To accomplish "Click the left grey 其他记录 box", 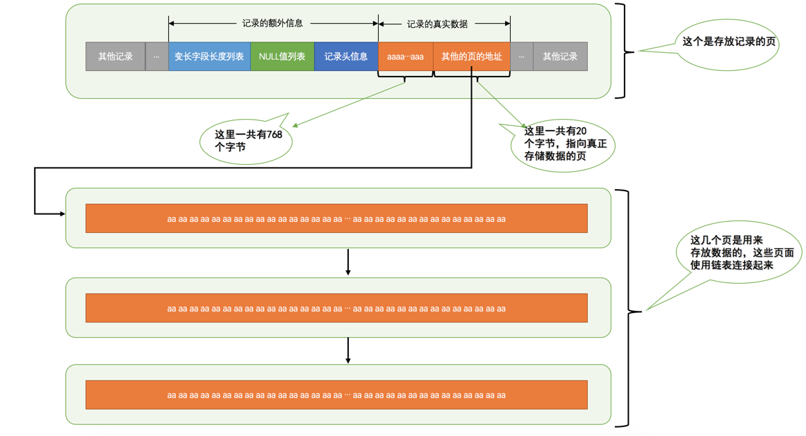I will coord(115,56).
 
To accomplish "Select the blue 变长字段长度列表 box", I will coord(209,56).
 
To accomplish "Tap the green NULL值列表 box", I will coord(282,56).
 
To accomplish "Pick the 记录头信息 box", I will coord(346,56).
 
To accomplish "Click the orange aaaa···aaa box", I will coord(405,56).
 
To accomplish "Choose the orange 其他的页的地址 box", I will coord(471,56).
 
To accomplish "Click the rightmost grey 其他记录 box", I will coord(560,56).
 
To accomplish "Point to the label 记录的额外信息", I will coord(272,23).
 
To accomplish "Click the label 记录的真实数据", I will coord(437,24).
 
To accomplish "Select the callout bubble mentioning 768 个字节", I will coord(247,140).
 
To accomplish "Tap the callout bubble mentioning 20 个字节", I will coord(564,145).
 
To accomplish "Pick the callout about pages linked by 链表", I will coord(741,252).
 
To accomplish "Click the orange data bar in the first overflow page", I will coord(336,218).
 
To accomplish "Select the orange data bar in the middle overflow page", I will coord(336,308).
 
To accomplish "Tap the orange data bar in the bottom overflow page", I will coord(336,395).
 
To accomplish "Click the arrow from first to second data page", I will coord(348,262).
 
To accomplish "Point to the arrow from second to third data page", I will coord(348,350).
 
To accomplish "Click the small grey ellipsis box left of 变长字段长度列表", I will coord(156,56).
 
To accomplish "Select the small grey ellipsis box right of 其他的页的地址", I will coord(521,56).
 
